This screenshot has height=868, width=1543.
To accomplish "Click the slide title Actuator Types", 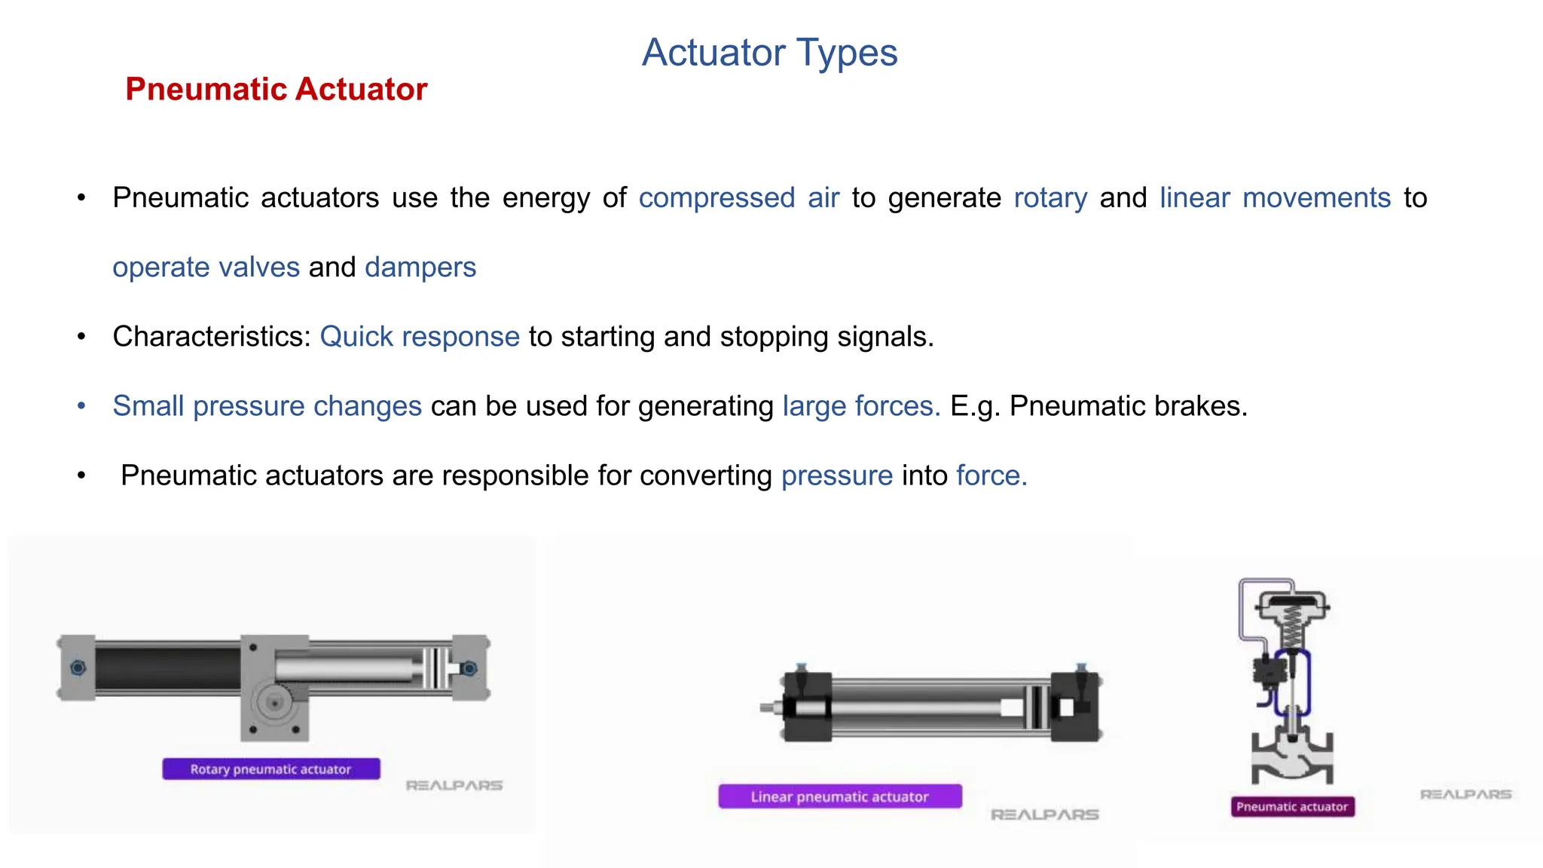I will (769, 53).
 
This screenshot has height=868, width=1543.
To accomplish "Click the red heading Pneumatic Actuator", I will (276, 89).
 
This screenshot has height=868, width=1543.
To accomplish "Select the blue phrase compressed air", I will (738, 197).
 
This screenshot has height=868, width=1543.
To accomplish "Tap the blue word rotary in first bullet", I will (1050, 197).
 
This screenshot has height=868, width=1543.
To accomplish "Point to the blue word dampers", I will (420, 267).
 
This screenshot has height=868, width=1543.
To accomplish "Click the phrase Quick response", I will (420, 337).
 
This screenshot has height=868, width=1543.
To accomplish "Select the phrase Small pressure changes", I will (267, 406).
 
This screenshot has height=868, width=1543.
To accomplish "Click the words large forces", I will (861, 406).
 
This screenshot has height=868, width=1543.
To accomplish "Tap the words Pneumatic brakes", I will (1128, 406).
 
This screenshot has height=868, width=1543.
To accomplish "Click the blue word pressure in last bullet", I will (836, 475).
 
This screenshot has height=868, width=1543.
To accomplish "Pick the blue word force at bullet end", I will (991, 475).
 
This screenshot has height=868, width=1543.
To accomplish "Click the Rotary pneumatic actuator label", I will (270, 769).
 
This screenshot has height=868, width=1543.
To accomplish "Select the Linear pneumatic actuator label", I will (839, 796).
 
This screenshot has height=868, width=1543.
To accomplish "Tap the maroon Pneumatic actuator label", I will (1291, 807).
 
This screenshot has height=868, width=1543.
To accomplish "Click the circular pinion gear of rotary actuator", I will (274, 702).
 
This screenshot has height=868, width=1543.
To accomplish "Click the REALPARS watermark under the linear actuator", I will (1044, 815).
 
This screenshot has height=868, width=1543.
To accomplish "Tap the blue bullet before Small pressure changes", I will (81, 406).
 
